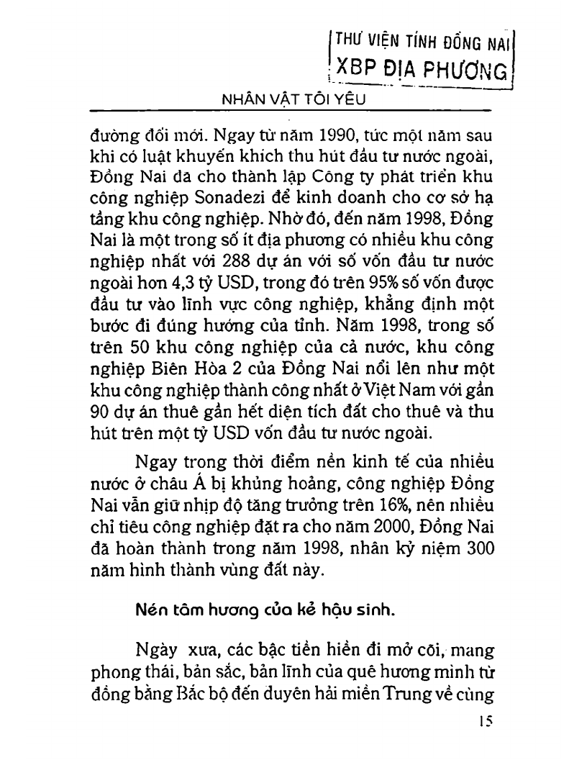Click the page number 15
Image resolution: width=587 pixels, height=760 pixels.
483,723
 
